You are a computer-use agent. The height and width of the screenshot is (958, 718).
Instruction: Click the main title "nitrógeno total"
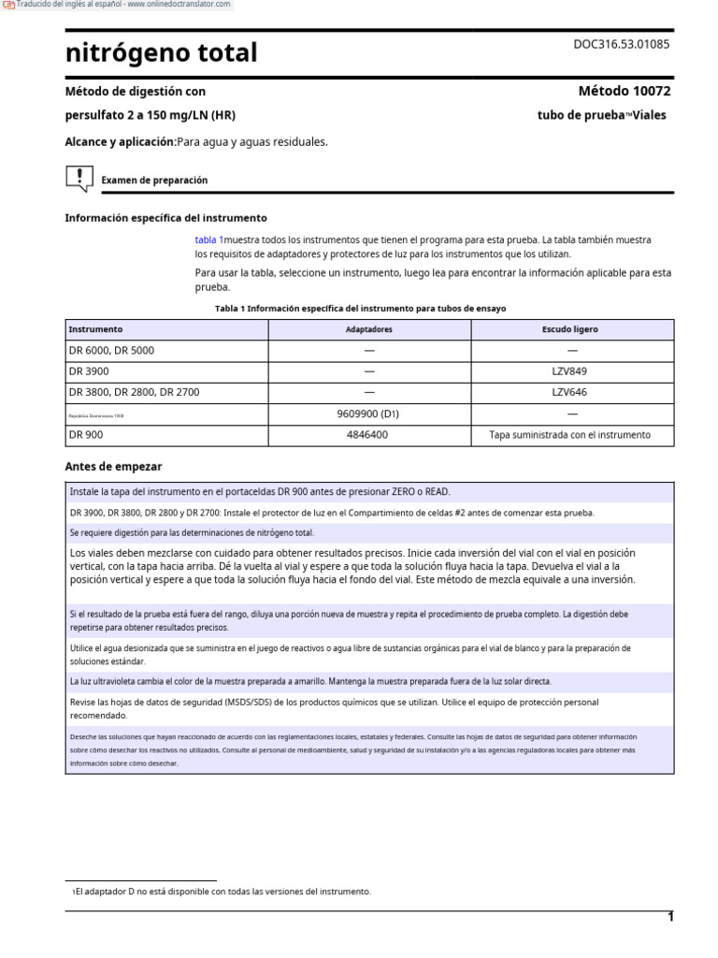click(x=161, y=53)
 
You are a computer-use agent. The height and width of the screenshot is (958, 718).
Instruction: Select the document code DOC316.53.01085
click(x=621, y=44)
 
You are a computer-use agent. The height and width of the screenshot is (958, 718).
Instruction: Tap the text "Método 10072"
click(x=625, y=91)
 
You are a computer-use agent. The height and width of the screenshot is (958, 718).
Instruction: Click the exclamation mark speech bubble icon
click(x=79, y=178)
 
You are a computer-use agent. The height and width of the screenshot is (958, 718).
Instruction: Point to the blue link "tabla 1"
click(x=208, y=240)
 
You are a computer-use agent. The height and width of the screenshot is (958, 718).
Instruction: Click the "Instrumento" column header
click(x=95, y=329)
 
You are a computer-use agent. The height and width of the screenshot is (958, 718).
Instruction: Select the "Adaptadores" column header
click(x=368, y=329)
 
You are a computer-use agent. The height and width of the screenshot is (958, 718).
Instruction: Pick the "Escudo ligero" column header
click(x=570, y=329)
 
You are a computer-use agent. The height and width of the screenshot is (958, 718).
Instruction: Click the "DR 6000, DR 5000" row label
click(x=111, y=351)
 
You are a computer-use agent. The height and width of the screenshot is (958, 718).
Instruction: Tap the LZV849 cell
click(x=570, y=371)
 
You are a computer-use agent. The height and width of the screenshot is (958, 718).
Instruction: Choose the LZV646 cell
click(x=570, y=392)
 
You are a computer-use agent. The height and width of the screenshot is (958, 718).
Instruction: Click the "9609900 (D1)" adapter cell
click(x=368, y=414)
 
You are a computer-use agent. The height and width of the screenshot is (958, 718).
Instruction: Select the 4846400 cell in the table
click(x=368, y=435)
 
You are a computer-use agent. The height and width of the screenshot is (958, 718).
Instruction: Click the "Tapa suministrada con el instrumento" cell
click(x=570, y=435)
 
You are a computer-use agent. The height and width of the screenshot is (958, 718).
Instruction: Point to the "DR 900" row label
click(x=86, y=435)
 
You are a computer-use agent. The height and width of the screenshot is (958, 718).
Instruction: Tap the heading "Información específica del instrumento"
click(x=165, y=217)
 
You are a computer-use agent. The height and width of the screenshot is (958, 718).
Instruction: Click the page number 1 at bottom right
click(x=669, y=917)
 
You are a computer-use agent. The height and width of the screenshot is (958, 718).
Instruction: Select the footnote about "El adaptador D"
click(x=221, y=892)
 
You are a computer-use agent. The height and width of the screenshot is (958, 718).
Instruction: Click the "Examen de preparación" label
click(x=154, y=180)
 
